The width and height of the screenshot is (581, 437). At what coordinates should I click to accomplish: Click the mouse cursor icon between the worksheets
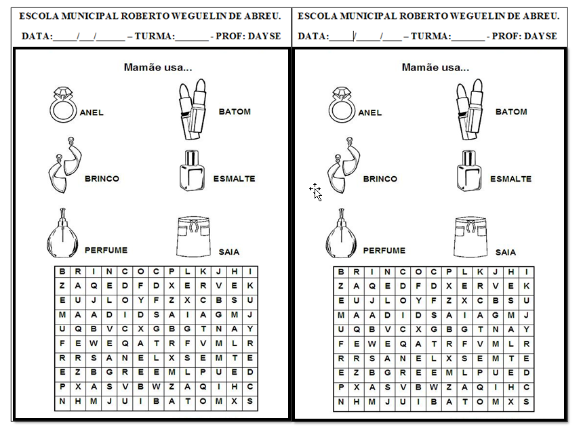click(316, 192)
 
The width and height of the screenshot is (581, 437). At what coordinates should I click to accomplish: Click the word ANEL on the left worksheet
click(92, 112)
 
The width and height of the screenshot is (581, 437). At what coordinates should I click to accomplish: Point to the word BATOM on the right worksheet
click(511, 112)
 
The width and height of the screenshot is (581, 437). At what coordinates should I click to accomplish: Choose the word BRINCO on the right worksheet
click(380, 179)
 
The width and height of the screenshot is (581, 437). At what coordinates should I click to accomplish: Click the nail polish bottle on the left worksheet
click(192, 169)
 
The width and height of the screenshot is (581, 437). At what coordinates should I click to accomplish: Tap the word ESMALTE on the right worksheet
click(510, 179)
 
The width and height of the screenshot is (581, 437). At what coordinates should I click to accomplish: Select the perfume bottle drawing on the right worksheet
click(341, 233)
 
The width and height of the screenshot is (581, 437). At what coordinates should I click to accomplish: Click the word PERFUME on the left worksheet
click(106, 250)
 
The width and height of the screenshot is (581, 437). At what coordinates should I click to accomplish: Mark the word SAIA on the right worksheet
click(505, 252)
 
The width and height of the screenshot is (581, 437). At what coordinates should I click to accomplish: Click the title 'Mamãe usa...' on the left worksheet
click(158, 67)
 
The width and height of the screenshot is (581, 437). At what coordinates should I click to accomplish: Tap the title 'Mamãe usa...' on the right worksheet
click(435, 67)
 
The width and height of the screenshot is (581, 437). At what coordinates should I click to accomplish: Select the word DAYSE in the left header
click(265, 36)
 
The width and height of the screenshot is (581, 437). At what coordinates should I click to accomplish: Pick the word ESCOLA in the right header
click(315, 16)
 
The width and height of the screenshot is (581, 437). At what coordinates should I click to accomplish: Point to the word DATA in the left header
click(37, 36)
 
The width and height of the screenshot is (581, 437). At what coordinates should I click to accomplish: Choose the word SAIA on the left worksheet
click(229, 252)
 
